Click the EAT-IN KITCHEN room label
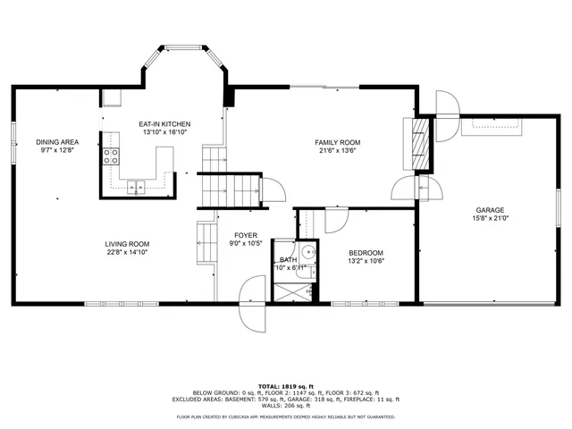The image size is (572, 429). [x=164, y=123]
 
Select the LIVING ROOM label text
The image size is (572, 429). [x=127, y=244]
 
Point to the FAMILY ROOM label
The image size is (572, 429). [x=337, y=142]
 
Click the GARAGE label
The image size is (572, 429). [x=490, y=209]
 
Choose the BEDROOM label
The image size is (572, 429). [x=366, y=253]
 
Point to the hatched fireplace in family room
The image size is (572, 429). [x=417, y=143]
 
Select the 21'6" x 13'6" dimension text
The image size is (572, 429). [x=337, y=151]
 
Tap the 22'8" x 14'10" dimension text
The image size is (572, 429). [x=127, y=253]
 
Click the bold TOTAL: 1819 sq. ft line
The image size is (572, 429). [x=285, y=384]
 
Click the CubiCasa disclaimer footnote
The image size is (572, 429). [x=285, y=416]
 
